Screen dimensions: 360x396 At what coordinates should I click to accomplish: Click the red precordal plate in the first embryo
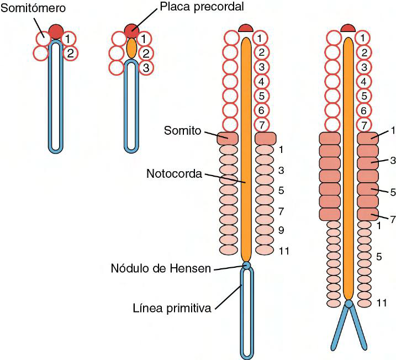click(x=56, y=31)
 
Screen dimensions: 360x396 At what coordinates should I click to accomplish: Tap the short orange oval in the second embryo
click(x=131, y=48)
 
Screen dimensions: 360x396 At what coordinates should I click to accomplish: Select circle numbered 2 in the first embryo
click(x=70, y=54)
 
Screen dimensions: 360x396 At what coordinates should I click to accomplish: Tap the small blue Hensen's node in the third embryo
click(x=246, y=266)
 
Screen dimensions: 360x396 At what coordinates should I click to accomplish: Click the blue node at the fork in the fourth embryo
click(x=349, y=303)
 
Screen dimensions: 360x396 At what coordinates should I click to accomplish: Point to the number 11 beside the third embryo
click(x=284, y=251)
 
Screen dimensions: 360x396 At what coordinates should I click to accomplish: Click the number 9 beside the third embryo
click(x=281, y=230)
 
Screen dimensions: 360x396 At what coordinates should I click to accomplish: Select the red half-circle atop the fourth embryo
click(x=347, y=28)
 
